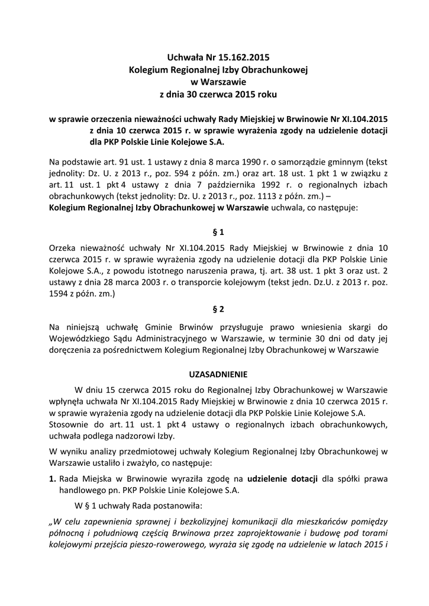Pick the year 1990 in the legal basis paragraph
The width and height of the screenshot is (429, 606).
(x=236, y=160)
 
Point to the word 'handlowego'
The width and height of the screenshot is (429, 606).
(x=82, y=490)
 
